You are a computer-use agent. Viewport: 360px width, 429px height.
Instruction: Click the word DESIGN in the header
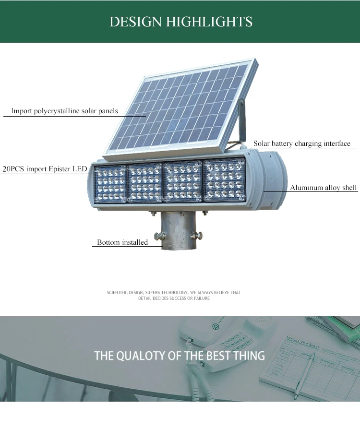pos(136,22)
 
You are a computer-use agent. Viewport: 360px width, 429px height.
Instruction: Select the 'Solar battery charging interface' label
pos(302,143)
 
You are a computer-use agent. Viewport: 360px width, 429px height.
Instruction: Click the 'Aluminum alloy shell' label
pos(324,188)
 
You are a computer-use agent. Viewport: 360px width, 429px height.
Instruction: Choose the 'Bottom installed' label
pos(122,242)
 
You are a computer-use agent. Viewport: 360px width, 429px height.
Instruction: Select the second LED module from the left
pos(145,183)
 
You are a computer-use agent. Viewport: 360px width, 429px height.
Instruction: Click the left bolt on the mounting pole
pos(159,236)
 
